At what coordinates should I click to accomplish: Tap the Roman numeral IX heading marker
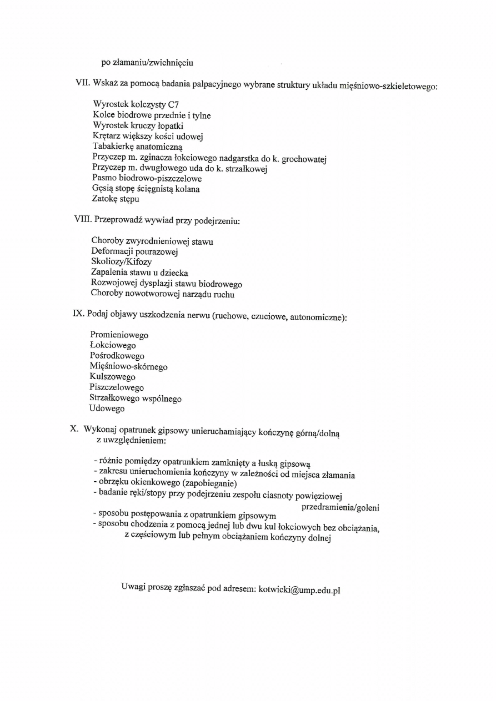(78, 314)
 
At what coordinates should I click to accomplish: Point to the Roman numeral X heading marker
(74, 429)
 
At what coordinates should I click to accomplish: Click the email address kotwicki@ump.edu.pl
(299, 589)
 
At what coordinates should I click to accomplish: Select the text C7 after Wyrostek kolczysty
(173, 104)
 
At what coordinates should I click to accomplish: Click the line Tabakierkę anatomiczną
(133, 147)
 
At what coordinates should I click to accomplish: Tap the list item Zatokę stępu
(116, 199)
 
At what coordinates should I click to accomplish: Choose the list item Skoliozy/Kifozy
(121, 261)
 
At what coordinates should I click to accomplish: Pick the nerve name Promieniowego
(119, 335)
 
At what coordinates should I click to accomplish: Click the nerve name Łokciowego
(112, 345)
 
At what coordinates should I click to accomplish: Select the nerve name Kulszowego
(112, 377)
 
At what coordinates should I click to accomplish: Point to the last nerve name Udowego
(107, 409)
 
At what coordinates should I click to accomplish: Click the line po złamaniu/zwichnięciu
(147, 62)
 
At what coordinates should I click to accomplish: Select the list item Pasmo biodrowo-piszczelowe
(147, 178)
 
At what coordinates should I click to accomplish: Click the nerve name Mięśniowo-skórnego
(128, 366)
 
